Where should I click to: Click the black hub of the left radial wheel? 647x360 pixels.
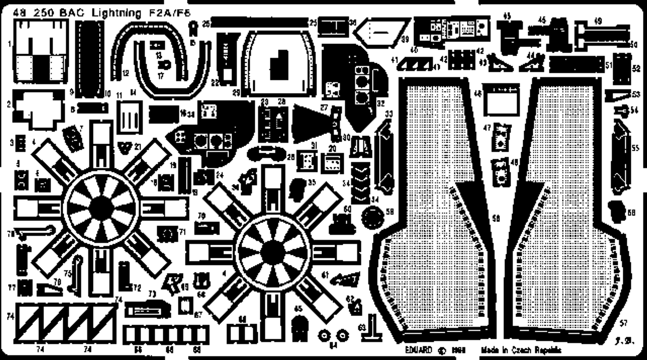pyautogui.click(x=103, y=207)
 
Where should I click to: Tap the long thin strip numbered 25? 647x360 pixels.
pyautogui.click(x=259, y=22)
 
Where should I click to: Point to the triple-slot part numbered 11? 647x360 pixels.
pyautogui.click(x=129, y=117)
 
